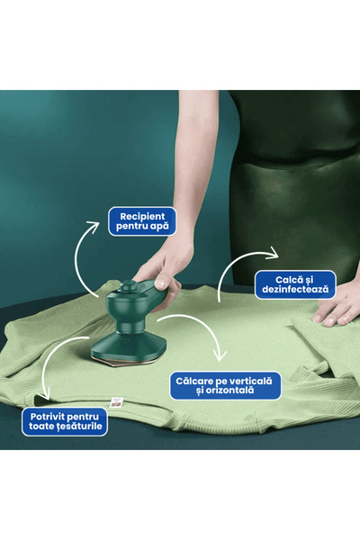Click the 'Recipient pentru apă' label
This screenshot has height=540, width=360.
coord(142,221)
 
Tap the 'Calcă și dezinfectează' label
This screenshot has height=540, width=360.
coord(295,284)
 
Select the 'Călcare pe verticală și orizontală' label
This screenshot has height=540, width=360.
coord(225,385)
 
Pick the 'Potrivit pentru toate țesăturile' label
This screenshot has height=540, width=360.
coord(65,421)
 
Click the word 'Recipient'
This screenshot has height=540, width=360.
coord(142,217)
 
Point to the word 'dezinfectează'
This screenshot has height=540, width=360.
coord(295,289)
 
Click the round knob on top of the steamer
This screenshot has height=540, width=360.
coord(130,285)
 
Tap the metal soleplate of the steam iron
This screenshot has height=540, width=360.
coord(128,361)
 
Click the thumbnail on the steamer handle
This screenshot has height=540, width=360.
coord(160,284)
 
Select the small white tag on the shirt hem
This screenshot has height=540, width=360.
coord(116,402)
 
